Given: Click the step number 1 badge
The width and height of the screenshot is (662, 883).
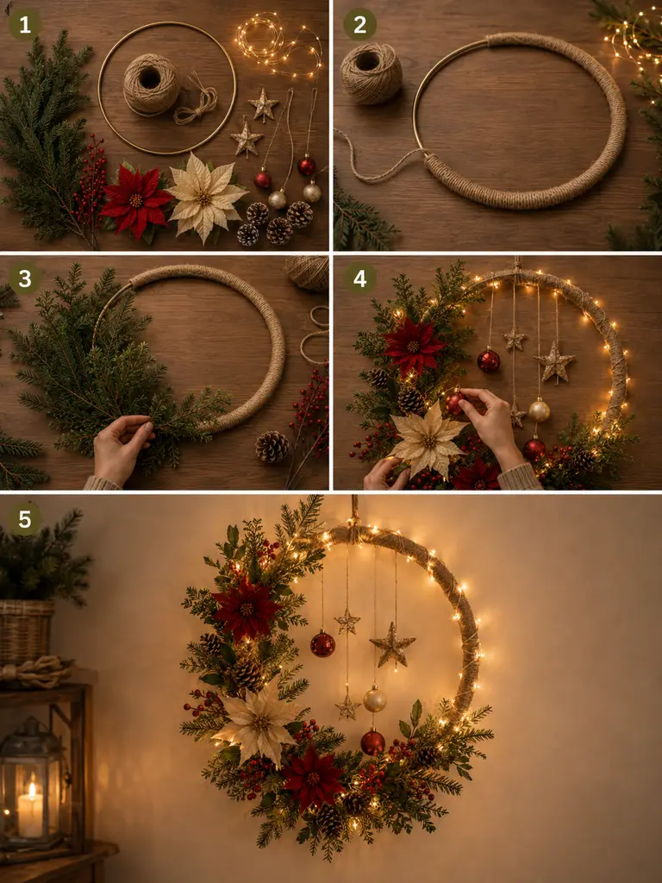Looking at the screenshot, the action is tap(24, 24).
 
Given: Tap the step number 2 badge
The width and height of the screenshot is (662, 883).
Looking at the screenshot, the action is tap(359, 24).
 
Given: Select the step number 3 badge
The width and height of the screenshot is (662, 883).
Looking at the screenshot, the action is tap(24, 279).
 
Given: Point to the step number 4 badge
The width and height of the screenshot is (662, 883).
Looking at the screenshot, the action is tap(359, 279).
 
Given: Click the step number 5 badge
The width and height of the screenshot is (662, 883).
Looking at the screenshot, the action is tap(24, 518).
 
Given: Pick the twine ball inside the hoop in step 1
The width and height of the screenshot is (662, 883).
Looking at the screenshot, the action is tap(152, 85).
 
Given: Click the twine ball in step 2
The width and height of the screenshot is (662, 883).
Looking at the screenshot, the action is tap(371, 74).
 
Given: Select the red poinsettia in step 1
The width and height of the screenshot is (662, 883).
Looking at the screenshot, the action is tap(135, 200).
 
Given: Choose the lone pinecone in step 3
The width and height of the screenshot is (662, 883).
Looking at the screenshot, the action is tap(272, 448).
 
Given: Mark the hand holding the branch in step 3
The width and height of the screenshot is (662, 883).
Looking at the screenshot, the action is tap(119, 448).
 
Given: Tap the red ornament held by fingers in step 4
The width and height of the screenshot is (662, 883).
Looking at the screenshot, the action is tap(455, 403).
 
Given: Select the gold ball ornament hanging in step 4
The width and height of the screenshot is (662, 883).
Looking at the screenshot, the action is tap(539, 410).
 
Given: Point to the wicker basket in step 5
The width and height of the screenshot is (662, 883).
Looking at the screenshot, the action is tap(25, 630).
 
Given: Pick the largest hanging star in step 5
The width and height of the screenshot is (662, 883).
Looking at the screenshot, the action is tap(392, 645).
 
